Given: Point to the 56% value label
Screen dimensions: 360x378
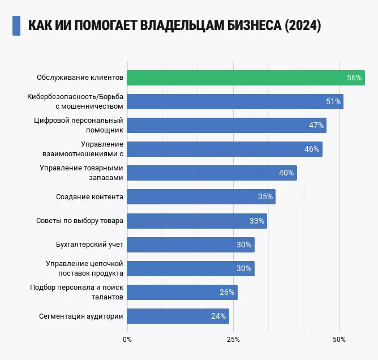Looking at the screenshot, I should click(x=354, y=78).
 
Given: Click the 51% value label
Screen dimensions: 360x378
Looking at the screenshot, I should click(x=333, y=102).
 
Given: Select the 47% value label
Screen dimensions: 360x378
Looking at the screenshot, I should click(x=316, y=126).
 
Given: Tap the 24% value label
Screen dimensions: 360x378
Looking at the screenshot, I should click(x=219, y=316).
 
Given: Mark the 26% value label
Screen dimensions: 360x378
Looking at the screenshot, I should click(x=227, y=292).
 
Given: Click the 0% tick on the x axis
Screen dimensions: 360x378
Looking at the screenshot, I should click(x=127, y=339).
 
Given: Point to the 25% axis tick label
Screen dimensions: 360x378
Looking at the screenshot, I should click(x=233, y=339).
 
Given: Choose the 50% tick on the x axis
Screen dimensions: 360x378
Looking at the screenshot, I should click(x=339, y=339).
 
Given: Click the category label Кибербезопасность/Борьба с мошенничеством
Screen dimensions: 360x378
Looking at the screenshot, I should click(x=75, y=101).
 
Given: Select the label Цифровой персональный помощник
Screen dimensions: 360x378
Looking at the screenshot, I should click(x=79, y=125).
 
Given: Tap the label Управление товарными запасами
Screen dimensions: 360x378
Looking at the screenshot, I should click(x=81, y=173).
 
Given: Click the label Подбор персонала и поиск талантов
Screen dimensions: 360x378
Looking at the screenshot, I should click(x=76, y=292).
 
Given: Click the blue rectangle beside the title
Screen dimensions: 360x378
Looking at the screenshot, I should click(x=16, y=25).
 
